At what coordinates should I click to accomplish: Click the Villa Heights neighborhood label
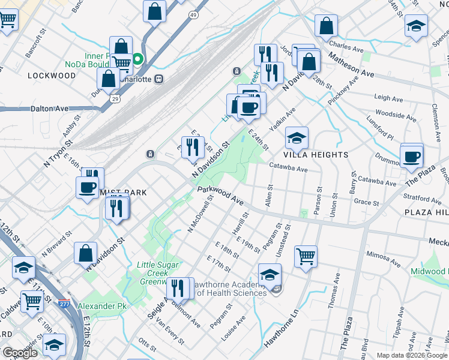(318, 154)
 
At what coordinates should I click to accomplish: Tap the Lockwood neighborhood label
(52, 76)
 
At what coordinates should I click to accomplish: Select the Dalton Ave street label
(49, 109)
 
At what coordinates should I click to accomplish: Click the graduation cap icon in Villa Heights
(297, 138)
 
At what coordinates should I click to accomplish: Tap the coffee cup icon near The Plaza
(412, 156)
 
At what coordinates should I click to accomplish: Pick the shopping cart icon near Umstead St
(306, 256)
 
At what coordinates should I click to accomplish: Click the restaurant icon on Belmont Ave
(178, 287)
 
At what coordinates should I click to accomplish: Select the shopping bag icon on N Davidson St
(86, 253)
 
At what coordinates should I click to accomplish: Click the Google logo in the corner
(20, 353)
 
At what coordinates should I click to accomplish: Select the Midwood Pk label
(429, 272)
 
